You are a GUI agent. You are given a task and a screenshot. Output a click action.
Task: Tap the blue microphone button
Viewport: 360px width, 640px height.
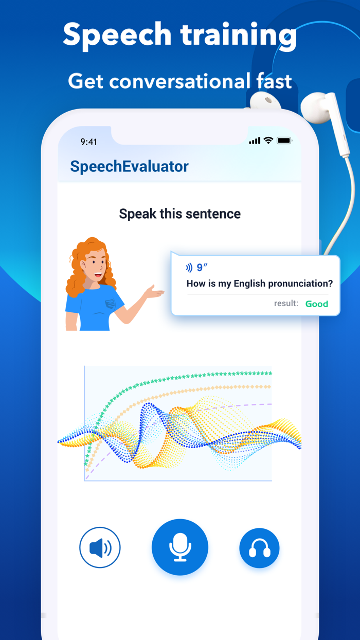click(x=180, y=547)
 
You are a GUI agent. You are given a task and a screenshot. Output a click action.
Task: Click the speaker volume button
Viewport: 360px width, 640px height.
click(x=100, y=547)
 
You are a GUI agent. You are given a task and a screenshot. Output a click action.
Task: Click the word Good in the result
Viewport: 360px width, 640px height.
click(x=317, y=304)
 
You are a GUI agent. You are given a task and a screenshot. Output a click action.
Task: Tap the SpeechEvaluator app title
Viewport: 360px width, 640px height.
click(x=129, y=166)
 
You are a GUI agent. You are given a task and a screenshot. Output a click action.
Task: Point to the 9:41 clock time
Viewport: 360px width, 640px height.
click(x=89, y=141)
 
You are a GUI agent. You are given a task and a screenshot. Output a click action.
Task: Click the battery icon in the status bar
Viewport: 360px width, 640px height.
click(x=284, y=140)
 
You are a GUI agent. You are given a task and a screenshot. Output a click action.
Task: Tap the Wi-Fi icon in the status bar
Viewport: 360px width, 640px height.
click(x=268, y=140)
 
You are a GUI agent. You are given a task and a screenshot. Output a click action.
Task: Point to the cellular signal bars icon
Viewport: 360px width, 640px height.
click(x=254, y=141)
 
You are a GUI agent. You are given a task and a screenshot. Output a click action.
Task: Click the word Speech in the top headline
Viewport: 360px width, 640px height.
click(x=117, y=35)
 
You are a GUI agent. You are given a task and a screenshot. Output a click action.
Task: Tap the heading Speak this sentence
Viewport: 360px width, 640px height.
click(x=179, y=214)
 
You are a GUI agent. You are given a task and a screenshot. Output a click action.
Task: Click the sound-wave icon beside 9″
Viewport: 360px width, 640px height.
click(x=189, y=268)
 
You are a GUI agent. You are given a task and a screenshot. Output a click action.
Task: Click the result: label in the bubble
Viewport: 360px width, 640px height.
click(x=286, y=304)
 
